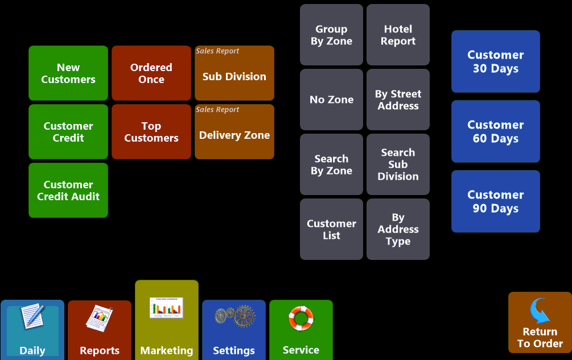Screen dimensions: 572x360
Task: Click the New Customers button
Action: [68, 73]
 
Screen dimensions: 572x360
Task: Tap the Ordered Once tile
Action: [151, 73]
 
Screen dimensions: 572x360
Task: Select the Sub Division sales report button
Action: [234, 73]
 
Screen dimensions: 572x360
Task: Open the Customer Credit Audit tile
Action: [68, 190]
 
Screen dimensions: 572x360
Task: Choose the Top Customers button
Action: [151, 131]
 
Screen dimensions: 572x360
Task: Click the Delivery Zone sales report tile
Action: [234, 131]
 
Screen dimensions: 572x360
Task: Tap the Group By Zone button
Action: [331, 35]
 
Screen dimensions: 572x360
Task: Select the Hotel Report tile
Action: [398, 35]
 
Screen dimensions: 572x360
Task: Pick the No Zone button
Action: [331, 100]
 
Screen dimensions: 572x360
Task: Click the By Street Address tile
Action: [398, 100]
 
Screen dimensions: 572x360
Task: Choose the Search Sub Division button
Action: [398, 164]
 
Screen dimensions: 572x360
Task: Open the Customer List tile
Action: [331, 229]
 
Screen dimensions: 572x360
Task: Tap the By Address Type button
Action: [398, 229]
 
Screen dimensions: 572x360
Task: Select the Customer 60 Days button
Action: [495, 131]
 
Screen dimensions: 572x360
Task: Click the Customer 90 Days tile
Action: [495, 201]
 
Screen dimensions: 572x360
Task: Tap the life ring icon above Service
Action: [301, 318]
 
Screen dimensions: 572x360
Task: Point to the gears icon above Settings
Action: [234, 316]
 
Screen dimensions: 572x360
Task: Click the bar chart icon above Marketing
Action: [166, 308]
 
